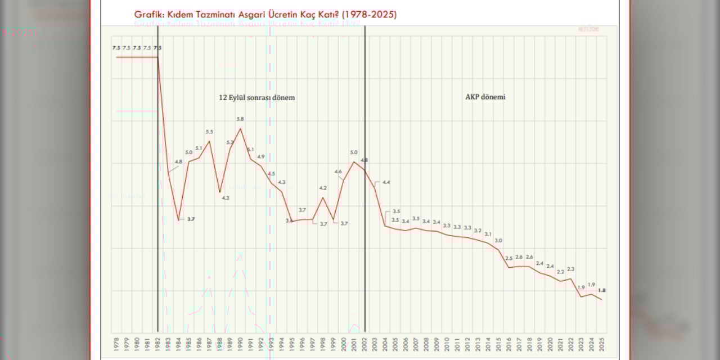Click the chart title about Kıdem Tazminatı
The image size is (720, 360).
click(265, 15)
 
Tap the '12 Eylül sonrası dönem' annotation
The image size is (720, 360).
click(256, 97)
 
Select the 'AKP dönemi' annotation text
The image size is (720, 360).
click(485, 97)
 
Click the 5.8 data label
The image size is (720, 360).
click(240, 119)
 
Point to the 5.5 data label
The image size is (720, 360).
click(209, 132)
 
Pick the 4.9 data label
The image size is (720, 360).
click(260, 156)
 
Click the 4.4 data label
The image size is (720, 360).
click(386, 182)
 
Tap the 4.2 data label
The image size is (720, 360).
click(323, 188)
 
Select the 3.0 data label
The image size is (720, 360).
click(498, 241)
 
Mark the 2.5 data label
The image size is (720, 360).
click(509, 258)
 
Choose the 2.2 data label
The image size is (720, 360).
click(560, 272)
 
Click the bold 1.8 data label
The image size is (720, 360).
click(601, 290)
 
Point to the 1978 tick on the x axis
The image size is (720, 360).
click(116, 344)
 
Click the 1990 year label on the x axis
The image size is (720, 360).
click(240, 344)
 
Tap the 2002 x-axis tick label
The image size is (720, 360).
click(364, 344)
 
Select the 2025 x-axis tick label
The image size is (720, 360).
click(602, 344)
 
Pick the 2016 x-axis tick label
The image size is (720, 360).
click(509, 344)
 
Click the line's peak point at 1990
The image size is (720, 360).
click(240, 128)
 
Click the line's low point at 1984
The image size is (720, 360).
click(178, 220)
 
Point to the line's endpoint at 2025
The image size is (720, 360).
click(602, 299)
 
